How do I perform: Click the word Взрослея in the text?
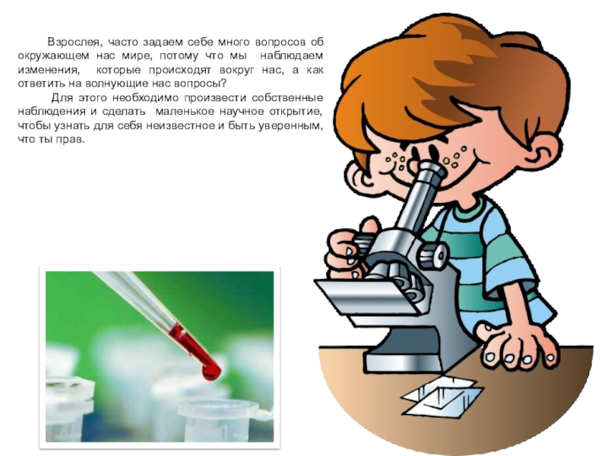pyautogui.click(x=73, y=43)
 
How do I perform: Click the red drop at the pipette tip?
pyautogui.click(x=211, y=372)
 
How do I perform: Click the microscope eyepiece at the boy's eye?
pyautogui.click(x=431, y=171)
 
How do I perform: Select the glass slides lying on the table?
pyautogui.click(x=442, y=395)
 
